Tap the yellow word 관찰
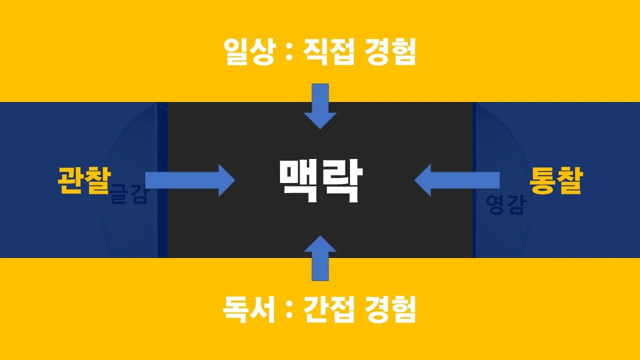[83, 180]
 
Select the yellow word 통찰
[556, 180]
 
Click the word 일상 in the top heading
[249, 52]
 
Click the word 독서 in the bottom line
[249, 309]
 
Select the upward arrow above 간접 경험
[320, 257]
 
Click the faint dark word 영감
[505, 205]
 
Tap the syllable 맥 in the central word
[298, 181]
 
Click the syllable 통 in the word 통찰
[543, 180]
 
